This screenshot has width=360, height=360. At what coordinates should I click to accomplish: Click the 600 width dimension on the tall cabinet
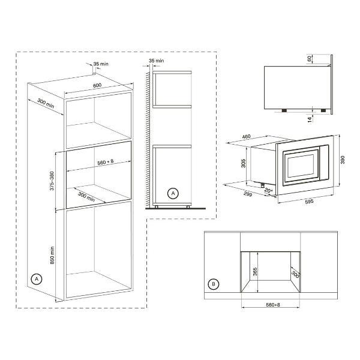(x=97, y=85)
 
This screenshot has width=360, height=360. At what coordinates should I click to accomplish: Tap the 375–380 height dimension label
(x=52, y=181)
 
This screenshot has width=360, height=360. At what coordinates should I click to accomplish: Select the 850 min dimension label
(x=52, y=256)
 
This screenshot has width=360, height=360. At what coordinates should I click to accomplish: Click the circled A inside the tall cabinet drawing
(x=37, y=279)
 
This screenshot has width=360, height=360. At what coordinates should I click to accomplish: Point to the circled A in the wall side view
(x=173, y=193)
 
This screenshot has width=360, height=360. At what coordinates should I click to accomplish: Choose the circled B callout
(x=214, y=284)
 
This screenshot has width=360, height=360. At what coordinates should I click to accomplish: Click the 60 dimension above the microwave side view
(x=309, y=59)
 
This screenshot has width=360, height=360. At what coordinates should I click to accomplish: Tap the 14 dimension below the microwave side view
(x=310, y=119)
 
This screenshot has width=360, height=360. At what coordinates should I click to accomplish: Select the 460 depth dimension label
(x=246, y=137)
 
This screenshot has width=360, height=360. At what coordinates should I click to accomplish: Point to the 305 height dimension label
(x=244, y=163)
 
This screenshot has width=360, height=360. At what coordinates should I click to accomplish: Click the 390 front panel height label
(x=343, y=160)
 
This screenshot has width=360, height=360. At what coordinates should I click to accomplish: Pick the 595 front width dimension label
(x=309, y=202)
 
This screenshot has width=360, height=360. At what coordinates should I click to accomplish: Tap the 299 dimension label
(x=248, y=194)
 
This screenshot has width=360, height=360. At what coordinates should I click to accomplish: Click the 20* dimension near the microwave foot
(x=268, y=191)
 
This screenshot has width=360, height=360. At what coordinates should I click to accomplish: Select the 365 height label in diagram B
(x=255, y=272)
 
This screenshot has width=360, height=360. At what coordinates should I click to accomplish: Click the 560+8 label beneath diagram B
(x=273, y=305)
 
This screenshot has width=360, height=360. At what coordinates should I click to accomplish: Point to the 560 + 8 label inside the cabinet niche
(x=106, y=162)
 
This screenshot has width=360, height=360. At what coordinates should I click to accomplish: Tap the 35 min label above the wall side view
(x=157, y=61)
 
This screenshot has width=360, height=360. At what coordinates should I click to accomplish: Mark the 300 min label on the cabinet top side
(x=46, y=104)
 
